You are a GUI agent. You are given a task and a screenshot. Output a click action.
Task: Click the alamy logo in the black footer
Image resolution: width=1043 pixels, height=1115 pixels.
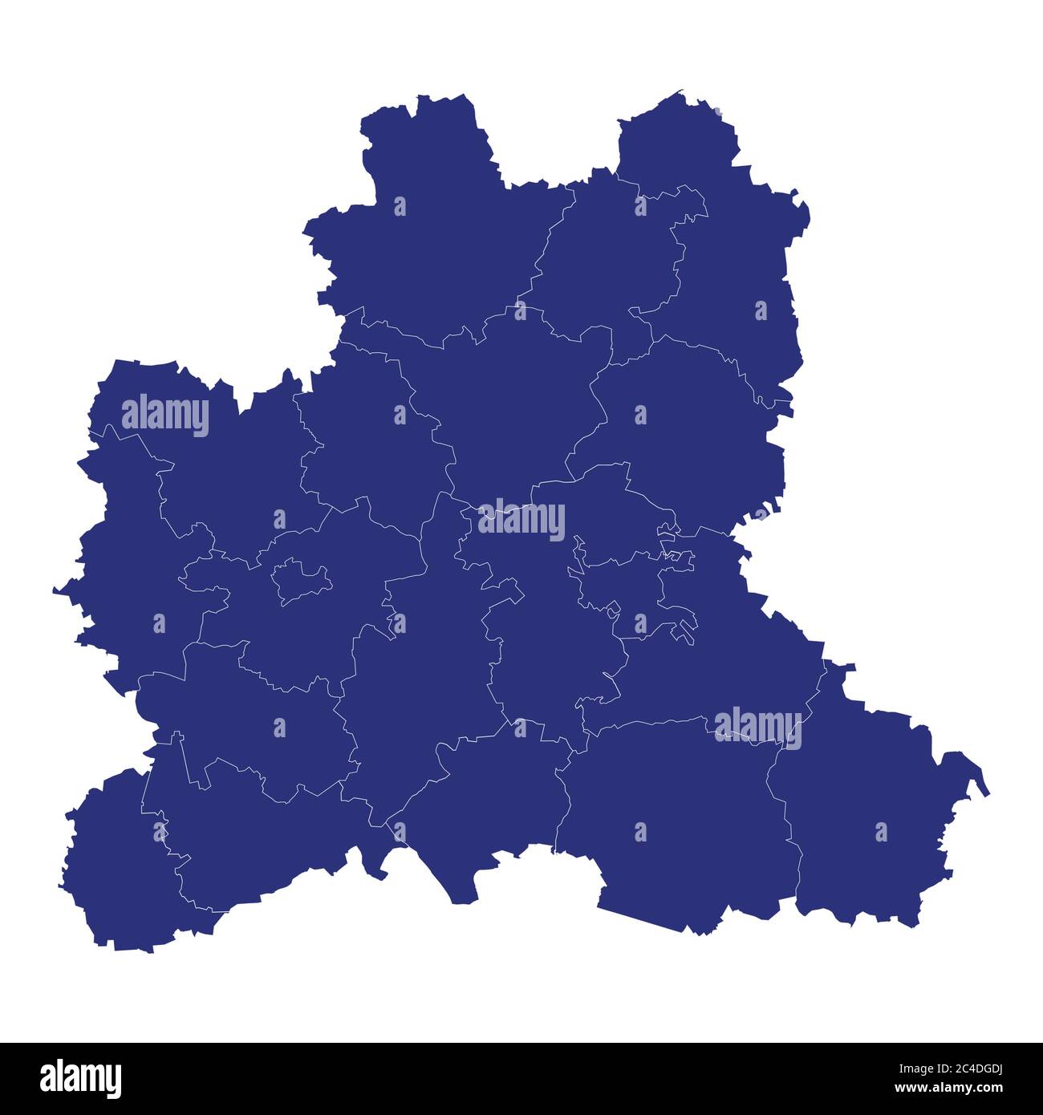pyautogui.click(x=80, y=1079)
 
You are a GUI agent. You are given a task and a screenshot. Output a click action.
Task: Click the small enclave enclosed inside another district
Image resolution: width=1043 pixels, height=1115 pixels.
pyautogui.click(x=299, y=580)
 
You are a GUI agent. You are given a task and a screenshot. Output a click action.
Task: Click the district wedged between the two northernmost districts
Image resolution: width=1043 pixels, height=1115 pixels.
pyautogui.click(x=610, y=257)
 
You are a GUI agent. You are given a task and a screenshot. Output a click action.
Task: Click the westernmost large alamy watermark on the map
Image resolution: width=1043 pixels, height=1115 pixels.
pyautogui.click(x=165, y=415)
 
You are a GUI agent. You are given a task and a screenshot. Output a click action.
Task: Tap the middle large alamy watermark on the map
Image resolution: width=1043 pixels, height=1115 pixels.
pyautogui.click(x=521, y=519)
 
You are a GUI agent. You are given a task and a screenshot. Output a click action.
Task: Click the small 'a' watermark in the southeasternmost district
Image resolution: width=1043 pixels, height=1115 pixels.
pyautogui.click(x=881, y=832)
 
